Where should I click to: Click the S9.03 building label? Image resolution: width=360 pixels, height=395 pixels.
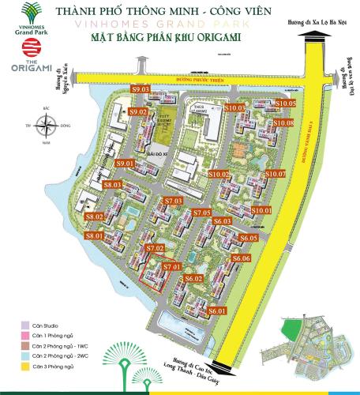pos(141,90)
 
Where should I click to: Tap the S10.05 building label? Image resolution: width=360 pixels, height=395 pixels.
pos(285,103)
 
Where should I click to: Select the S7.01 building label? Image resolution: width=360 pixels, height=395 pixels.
pos(172,267)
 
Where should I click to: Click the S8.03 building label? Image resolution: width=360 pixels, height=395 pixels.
pos(111,185)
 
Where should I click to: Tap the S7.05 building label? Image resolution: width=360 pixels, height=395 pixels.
pos(201,213)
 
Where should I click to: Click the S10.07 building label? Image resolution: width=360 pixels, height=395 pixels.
pos(275,174)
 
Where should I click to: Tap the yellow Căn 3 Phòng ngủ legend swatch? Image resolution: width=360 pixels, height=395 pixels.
pos(25,367)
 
